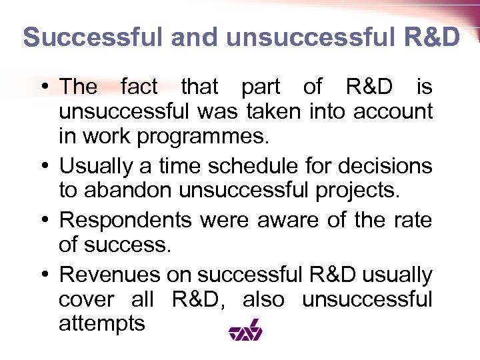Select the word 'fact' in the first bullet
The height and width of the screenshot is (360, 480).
pos(139,86)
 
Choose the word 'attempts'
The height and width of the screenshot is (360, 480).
pos(101,325)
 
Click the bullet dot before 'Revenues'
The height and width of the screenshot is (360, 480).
pos(44,275)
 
